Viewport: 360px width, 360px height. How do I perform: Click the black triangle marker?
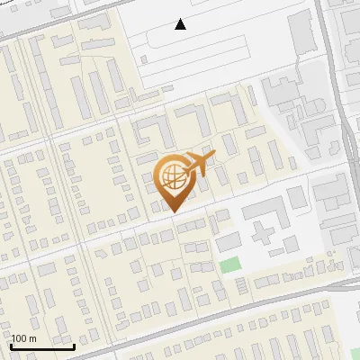tap(181, 24)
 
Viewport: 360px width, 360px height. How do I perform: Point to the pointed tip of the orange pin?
tap(173, 211)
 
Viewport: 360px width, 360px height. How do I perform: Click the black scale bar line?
tap(42, 346)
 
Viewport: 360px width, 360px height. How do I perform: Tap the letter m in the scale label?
tap(32, 338)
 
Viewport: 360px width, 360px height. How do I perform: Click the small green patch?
tap(231, 265)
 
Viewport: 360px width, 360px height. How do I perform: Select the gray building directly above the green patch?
tap(229, 241)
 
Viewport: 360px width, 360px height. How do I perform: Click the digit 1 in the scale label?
tap(14, 338)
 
